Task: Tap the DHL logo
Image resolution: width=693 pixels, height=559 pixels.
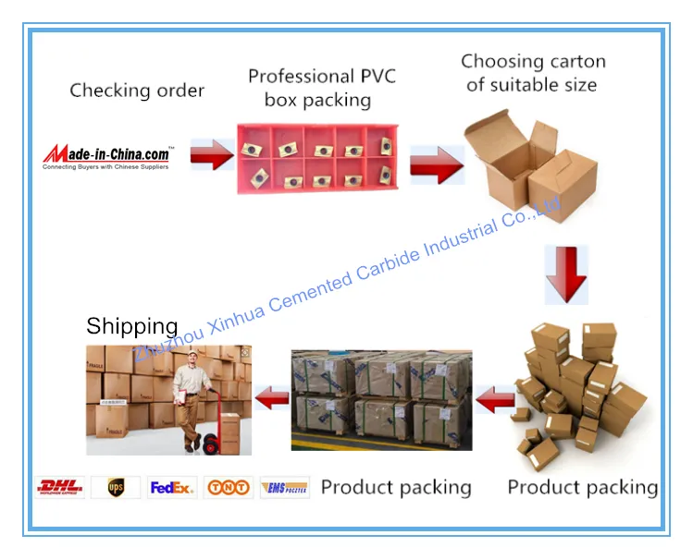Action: pos(60,488)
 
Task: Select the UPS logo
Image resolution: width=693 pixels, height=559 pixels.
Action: pos(116,488)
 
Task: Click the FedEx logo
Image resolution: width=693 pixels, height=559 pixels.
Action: pos(172,488)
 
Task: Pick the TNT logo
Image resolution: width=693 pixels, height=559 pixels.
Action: pos(228,488)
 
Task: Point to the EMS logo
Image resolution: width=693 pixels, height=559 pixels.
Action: pos(284,488)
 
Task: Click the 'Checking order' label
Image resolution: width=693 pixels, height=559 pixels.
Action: pos(137,91)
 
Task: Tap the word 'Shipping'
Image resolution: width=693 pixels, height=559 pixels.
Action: pos(131,326)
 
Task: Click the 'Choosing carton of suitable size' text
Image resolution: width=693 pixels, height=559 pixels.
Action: pos(533,73)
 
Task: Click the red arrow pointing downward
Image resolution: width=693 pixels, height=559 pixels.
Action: pos(565,273)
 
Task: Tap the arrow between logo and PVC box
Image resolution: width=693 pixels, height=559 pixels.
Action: pos(212,155)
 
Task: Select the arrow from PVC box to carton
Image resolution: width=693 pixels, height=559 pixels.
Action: pos(436,164)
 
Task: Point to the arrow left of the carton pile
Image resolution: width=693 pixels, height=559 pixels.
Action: pos(496,399)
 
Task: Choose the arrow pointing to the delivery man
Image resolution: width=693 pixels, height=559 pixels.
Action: pos(272,398)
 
